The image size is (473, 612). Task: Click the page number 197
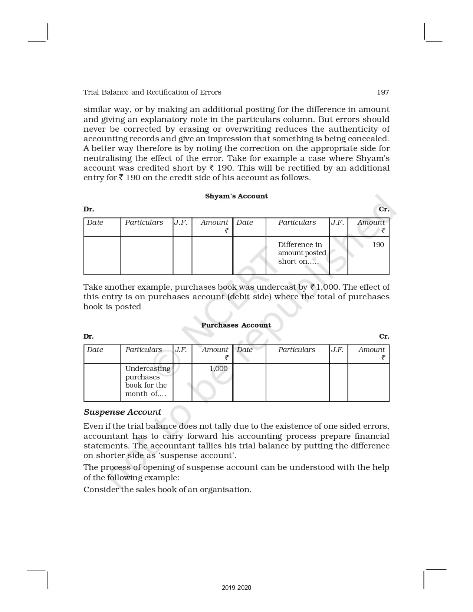click(x=383, y=92)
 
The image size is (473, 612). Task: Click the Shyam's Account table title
click(x=236, y=196)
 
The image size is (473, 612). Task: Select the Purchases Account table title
click(x=236, y=325)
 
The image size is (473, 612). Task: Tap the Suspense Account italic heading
click(x=122, y=412)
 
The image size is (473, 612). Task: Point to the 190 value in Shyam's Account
click(x=378, y=245)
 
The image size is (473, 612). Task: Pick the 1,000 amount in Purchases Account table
click(x=219, y=369)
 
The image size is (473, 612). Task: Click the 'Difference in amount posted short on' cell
click(x=302, y=253)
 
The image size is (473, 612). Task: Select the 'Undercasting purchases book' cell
click(x=147, y=381)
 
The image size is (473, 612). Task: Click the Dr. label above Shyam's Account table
click(x=89, y=209)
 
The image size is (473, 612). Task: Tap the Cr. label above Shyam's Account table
click(x=384, y=209)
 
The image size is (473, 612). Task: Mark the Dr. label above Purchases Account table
click(x=89, y=336)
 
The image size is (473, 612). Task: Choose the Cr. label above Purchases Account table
click(x=384, y=336)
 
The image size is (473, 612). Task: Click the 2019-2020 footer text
click(x=236, y=588)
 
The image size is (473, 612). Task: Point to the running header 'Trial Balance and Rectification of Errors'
click(x=152, y=92)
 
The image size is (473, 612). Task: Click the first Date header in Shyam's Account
click(x=95, y=223)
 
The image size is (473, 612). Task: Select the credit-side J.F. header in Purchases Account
click(x=337, y=350)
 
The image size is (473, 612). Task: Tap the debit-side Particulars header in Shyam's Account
click(x=144, y=223)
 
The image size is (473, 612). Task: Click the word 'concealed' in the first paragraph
click(x=368, y=139)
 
